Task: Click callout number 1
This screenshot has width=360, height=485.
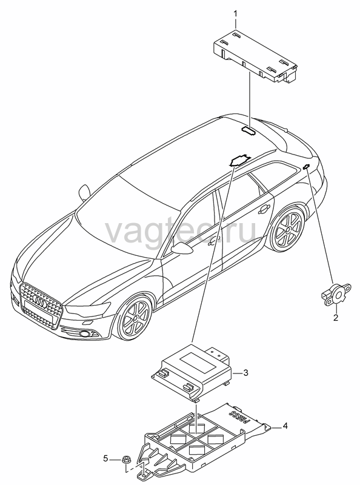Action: click(235, 13)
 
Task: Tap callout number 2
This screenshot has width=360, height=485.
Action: click(336, 317)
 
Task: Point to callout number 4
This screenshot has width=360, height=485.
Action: click(285, 426)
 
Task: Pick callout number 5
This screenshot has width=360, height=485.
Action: click(106, 458)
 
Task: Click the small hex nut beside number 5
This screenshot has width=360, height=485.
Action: click(126, 459)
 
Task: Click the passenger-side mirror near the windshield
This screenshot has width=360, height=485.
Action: click(84, 192)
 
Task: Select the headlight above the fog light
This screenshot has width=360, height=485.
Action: click(88, 309)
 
